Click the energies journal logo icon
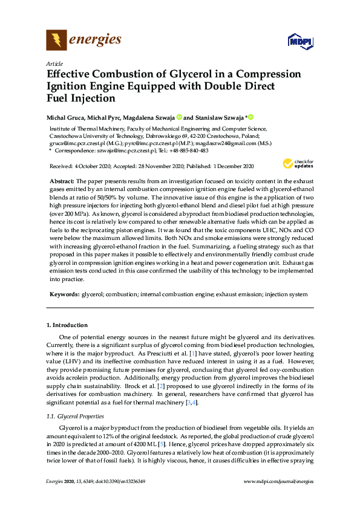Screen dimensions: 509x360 pos(57,41)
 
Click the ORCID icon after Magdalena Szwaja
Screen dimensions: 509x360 pos(179,117)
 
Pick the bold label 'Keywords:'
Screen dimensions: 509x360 pos(64,294)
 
